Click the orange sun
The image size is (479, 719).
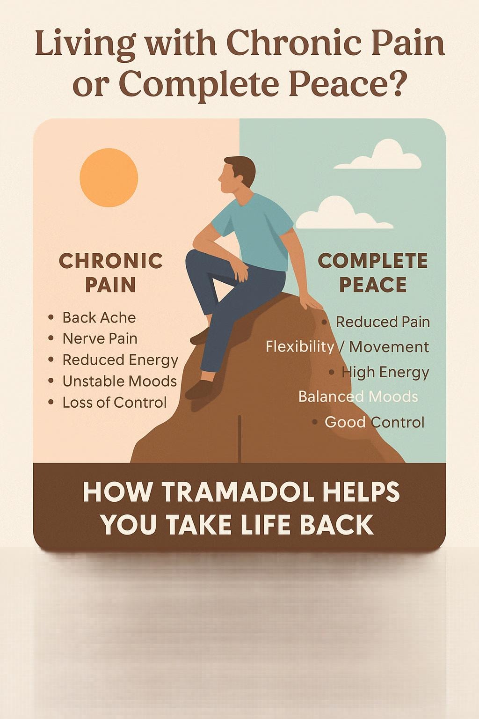[109, 177]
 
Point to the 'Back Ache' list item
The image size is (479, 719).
[99, 317]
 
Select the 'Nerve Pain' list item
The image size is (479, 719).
[100, 338]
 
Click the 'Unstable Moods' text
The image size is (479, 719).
[119, 381]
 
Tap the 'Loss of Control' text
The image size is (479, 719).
[114, 403]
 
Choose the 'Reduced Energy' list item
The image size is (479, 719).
[120, 360]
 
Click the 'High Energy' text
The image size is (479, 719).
[385, 372]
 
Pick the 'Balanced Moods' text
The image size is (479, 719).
[358, 397]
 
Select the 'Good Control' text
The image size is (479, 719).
[374, 422]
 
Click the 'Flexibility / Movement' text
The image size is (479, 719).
[347, 347]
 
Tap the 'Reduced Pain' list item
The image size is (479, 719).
[383, 322]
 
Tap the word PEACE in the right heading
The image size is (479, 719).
[373, 285]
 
